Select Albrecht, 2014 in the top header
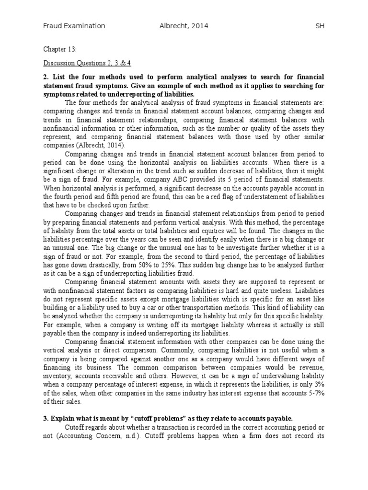(x=181, y=26)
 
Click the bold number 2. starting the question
(x=46, y=77)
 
